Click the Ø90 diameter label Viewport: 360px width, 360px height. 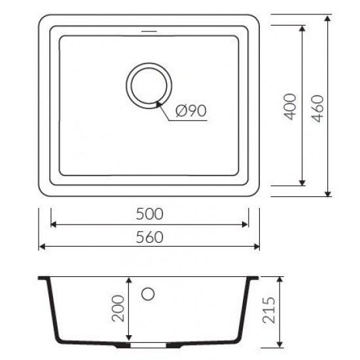[x=191, y=111]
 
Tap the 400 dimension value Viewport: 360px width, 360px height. [x=290, y=107]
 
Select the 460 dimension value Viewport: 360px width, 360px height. [x=318, y=109]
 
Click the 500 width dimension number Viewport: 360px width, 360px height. [x=149, y=214]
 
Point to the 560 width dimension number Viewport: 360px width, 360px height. [x=149, y=237]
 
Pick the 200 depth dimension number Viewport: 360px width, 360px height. [x=118, y=308]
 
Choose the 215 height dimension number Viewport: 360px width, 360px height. [x=269, y=310]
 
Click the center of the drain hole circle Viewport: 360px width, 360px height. [x=149, y=85]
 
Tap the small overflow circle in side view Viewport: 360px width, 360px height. [x=148, y=294]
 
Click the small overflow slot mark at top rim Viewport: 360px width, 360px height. [x=149, y=31]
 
